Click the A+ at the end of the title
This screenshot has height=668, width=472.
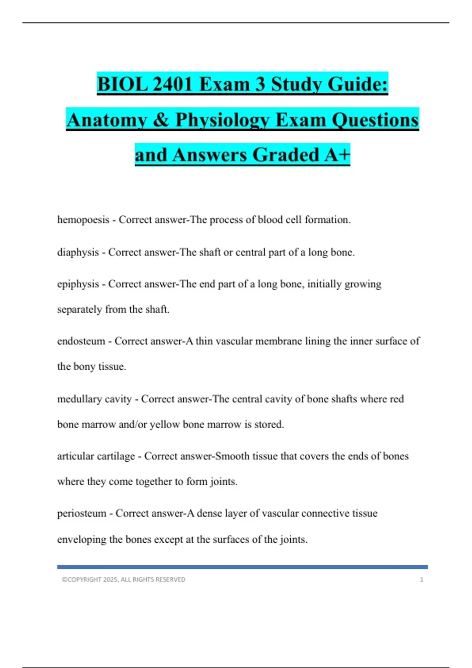[x=337, y=155]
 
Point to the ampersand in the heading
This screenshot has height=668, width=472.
[x=160, y=120]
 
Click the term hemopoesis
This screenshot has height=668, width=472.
[x=83, y=220]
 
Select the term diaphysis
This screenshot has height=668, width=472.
[x=78, y=252]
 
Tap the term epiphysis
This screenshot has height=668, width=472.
[x=78, y=284]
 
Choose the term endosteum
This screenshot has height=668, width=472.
[x=81, y=341]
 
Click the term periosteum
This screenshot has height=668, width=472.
[x=81, y=513]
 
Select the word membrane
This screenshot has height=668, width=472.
[x=279, y=341]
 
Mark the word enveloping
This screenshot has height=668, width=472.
[x=81, y=540]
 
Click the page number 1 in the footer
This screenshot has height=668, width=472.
[x=422, y=580]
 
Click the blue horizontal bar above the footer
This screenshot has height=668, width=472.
[x=242, y=567]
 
